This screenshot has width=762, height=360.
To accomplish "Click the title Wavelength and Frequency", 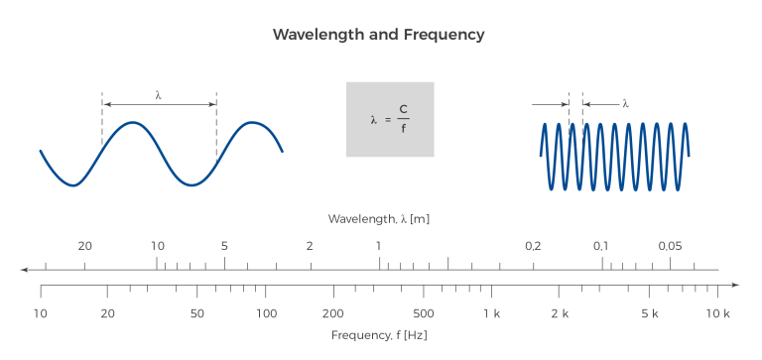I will pyautogui.click(x=379, y=35).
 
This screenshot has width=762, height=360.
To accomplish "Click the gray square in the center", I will pyautogui.click(x=390, y=119).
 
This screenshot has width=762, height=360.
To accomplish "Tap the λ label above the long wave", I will pyautogui.click(x=159, y=95).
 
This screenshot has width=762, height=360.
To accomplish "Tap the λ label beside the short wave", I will pyautogui.click(x=625, y=103).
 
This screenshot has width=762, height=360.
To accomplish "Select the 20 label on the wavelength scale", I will pyautogui.click(x=85, y=246).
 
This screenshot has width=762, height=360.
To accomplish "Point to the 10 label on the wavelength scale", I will pyautogui.click(x=157, y=246).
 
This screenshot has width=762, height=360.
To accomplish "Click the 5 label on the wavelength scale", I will pyautogui.click(x=224, y=246).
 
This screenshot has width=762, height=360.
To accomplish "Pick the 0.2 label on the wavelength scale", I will pyautogui.click(x=534, y=246).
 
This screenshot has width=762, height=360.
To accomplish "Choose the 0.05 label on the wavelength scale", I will pyautogui.click(x=671, y=246).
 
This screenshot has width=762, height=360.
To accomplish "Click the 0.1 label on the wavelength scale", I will pyautogui.click(x=601, y=246).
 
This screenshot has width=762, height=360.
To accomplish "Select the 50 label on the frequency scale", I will pyautogui.click(x=196, y=313).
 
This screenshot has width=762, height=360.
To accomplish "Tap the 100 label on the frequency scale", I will pyautogui.click(x=266, y=313).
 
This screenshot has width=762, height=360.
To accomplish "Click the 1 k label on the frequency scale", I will pyautogui.click(x=492, y=313).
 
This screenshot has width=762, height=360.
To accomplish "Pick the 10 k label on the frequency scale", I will pyautogui.click(x=718, y=313).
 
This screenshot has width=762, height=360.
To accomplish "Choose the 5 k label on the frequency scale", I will pyautogui.click(x=650, y=313).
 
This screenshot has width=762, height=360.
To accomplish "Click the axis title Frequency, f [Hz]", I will pyautogui.click(x=379, y=335).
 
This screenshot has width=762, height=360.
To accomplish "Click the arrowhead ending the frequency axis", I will pyautogui.click(x=735, y=286).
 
